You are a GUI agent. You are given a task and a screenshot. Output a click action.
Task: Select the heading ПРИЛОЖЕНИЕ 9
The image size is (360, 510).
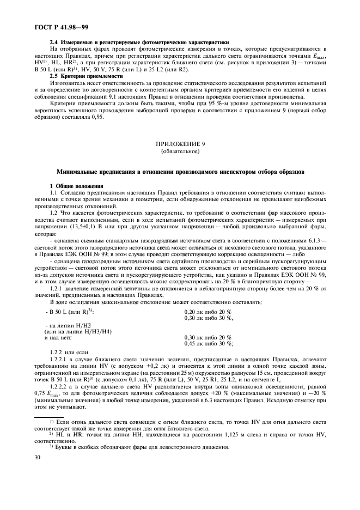pyautogui.click(x=180, y=144)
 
